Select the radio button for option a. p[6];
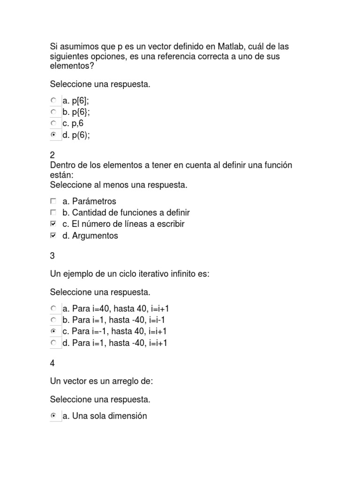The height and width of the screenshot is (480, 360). coord(53,100)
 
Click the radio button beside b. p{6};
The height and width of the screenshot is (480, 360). coord(53,112)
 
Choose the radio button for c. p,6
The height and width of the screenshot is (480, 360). coord(53,123)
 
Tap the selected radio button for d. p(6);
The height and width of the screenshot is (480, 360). coord(53,135)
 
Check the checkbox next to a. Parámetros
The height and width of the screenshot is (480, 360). coord(53,201)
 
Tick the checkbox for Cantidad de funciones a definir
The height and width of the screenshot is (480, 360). coord(53,212)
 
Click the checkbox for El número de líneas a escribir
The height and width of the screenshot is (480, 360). coord(53,224)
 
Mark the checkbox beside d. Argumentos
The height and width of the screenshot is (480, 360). coord(53,235)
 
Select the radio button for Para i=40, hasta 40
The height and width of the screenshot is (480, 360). coord(53,308)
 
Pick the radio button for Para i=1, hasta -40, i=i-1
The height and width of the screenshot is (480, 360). coord(53,320)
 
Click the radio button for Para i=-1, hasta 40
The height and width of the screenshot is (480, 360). coord(53,331)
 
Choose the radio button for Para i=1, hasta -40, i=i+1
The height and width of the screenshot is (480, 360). coord(53,343)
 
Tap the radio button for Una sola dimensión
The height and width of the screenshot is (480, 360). coord(53,416)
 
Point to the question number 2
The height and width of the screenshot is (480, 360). coord(52,155)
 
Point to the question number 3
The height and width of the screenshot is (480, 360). coord(52,255)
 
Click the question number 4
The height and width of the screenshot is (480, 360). coord(52,363)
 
